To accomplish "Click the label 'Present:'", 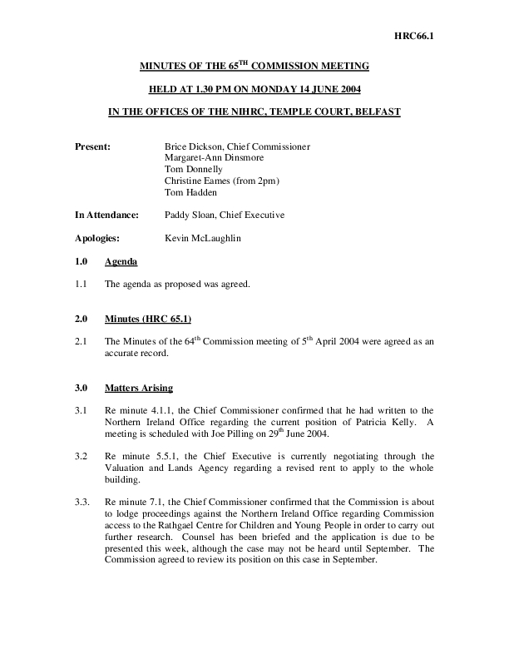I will pyautogui.click(x=92, y=147).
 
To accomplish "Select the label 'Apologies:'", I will pyautogui.click(x=96, y=238).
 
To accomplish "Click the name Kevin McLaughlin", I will pyautogui.click(x=204, y=238).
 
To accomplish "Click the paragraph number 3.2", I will pyautogui.click(x=82, y=455).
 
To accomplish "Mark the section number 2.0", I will pyautogui.click(x=82, y=319).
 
